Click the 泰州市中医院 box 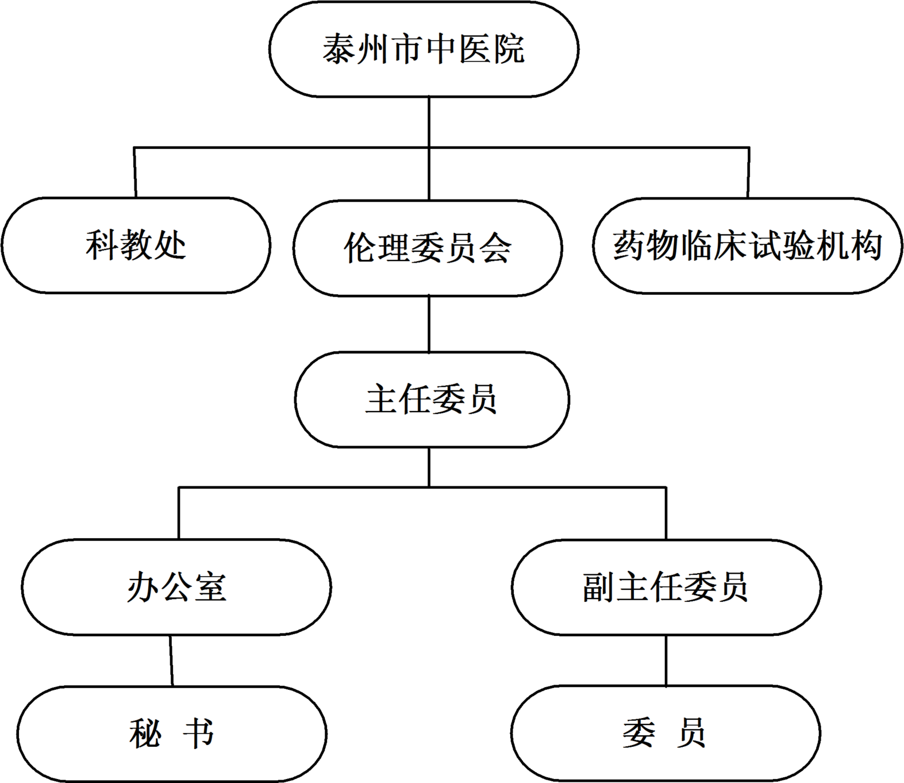point(424,49)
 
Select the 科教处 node point(136,245)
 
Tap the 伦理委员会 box point(427,248)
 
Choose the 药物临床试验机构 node point(747,245)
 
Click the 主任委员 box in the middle point(432,400)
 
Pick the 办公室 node point(176,587)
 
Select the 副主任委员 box point(666,587)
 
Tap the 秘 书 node point(171,734)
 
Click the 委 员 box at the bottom point(665,734)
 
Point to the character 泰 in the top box point(339,49)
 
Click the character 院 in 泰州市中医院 point(508,49)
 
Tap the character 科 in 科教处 point(102,245)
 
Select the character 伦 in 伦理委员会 point(360,248)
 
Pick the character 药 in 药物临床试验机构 point(629,245)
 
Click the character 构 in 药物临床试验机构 point(865,245)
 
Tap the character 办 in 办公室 point(143,587)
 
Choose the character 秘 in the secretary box point(145,734)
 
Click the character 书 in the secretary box point(198,734)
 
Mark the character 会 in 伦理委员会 point(495,248)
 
